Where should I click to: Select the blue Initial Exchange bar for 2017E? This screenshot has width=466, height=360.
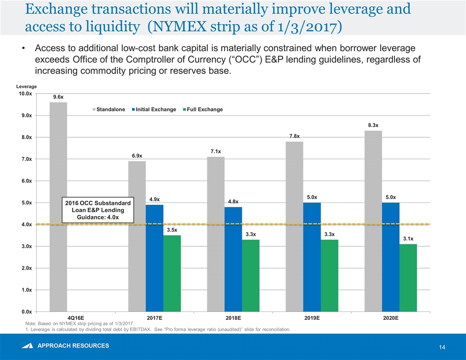click(154, 258)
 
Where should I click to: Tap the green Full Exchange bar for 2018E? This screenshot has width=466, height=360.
click(251, 275)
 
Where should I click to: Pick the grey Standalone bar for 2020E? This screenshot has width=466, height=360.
click(373, 221)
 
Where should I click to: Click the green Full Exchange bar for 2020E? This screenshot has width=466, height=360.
click(408, 277)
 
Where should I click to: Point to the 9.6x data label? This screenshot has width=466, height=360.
click(58, 96)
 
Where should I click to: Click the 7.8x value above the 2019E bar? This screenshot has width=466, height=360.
click(294, 135)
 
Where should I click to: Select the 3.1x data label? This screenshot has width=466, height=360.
click(408, 239)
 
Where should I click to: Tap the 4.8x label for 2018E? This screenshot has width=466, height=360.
click(233, 202)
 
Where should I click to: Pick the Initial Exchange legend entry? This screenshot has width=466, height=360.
click(154, 109)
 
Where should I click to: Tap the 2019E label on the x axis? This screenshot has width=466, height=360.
click(312, 318)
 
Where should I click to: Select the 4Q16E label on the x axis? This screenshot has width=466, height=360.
click(75, 318)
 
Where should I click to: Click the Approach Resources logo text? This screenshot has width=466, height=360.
click(73, 345)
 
